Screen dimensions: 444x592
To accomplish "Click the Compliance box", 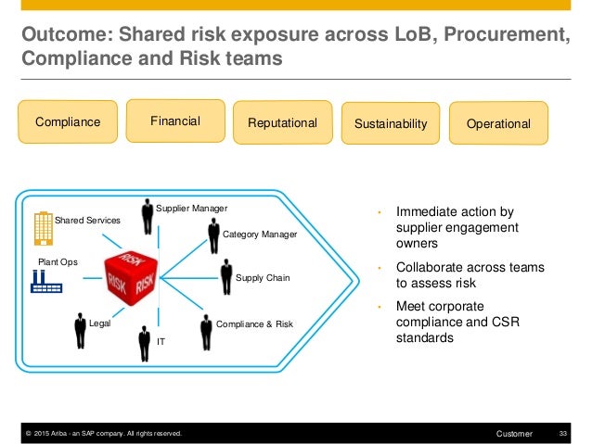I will [67, 122].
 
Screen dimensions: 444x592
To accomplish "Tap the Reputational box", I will [282, 123].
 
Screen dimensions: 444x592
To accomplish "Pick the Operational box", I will [498, 123].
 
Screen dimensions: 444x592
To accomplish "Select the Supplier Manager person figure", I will [147, 217].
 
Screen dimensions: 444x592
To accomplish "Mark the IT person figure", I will [144, 343].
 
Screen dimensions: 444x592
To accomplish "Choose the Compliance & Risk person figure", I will [205, 330].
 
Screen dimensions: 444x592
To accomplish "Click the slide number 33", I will [562, 433].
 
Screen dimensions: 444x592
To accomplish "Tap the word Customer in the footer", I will [514, 433].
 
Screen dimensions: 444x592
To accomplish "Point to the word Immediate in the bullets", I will [430, 211].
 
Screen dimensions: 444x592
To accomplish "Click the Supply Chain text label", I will [263, 277].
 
